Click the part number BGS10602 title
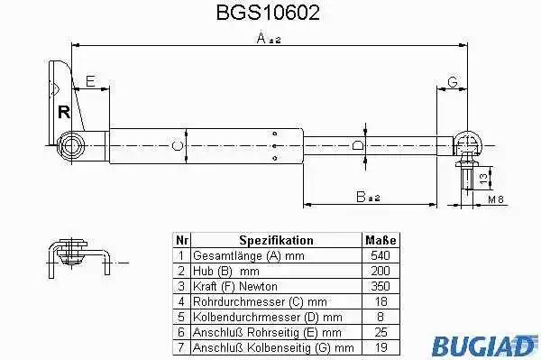pos(268,14)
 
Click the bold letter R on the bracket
pos(64,112)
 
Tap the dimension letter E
pos(90,81)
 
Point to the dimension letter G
pos(453,82)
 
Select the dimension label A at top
pos(269,38)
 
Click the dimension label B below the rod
pos(368,197)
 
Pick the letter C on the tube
pos(177,145)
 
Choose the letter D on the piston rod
pos(358,145)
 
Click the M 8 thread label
pos(496,199)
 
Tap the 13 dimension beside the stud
pos(483,178)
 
